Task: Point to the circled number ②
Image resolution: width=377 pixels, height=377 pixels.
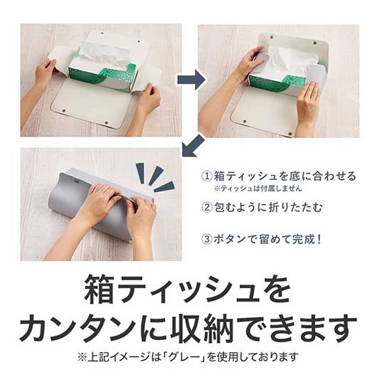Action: click(208, 208)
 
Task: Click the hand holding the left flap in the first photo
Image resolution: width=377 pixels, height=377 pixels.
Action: click(46, 71)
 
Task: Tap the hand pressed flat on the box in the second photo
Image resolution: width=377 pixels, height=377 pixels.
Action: click(309, 100)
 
